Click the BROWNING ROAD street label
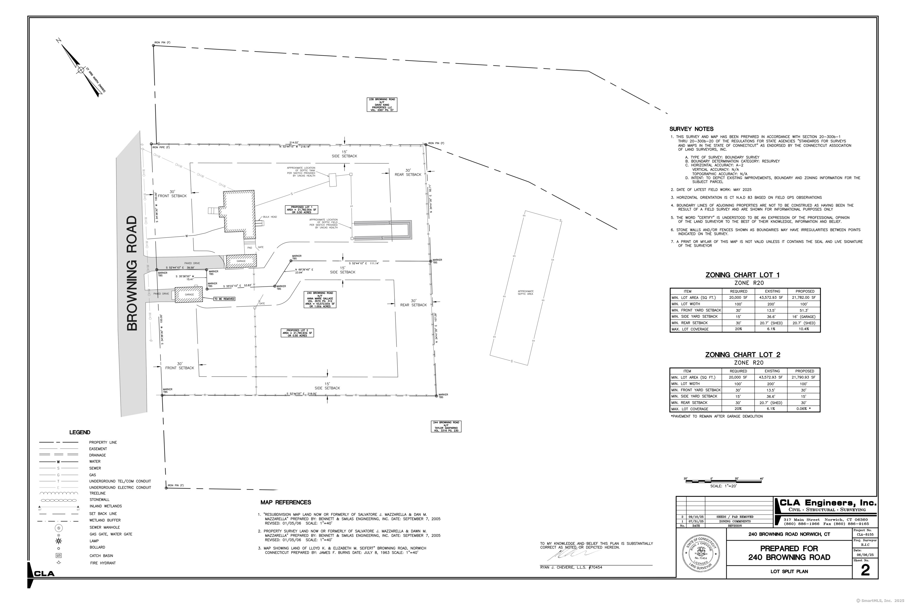pyautogui.click(x=132, y=273)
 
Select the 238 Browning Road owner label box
pyautogui.click(x=381, y=105)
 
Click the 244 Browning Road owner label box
pyautogui.click(x=446, y=426)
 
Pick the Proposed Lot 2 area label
pyautogui.click(x=297, y=333)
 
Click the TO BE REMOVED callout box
pyautogui.click(x=224, y=299)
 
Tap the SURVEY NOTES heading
pyautogui.click(x=691, y=129)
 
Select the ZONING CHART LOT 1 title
pyautogui.click(x=742, y=275)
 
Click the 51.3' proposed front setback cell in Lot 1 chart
pyautogui.click(x=804, y=310)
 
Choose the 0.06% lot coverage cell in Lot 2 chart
pyautogui.click(x=804, y=409)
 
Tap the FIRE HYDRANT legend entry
pyautogui.click(x=102, y=563)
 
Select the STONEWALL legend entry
pyautogui.click(x=99, y=500)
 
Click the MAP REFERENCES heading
pyautogui.click(x=285, y=502)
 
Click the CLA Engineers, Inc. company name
pyautogui.click(x=828, y=503)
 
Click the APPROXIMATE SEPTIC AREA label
pyautogui.click(x=526, y=293)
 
